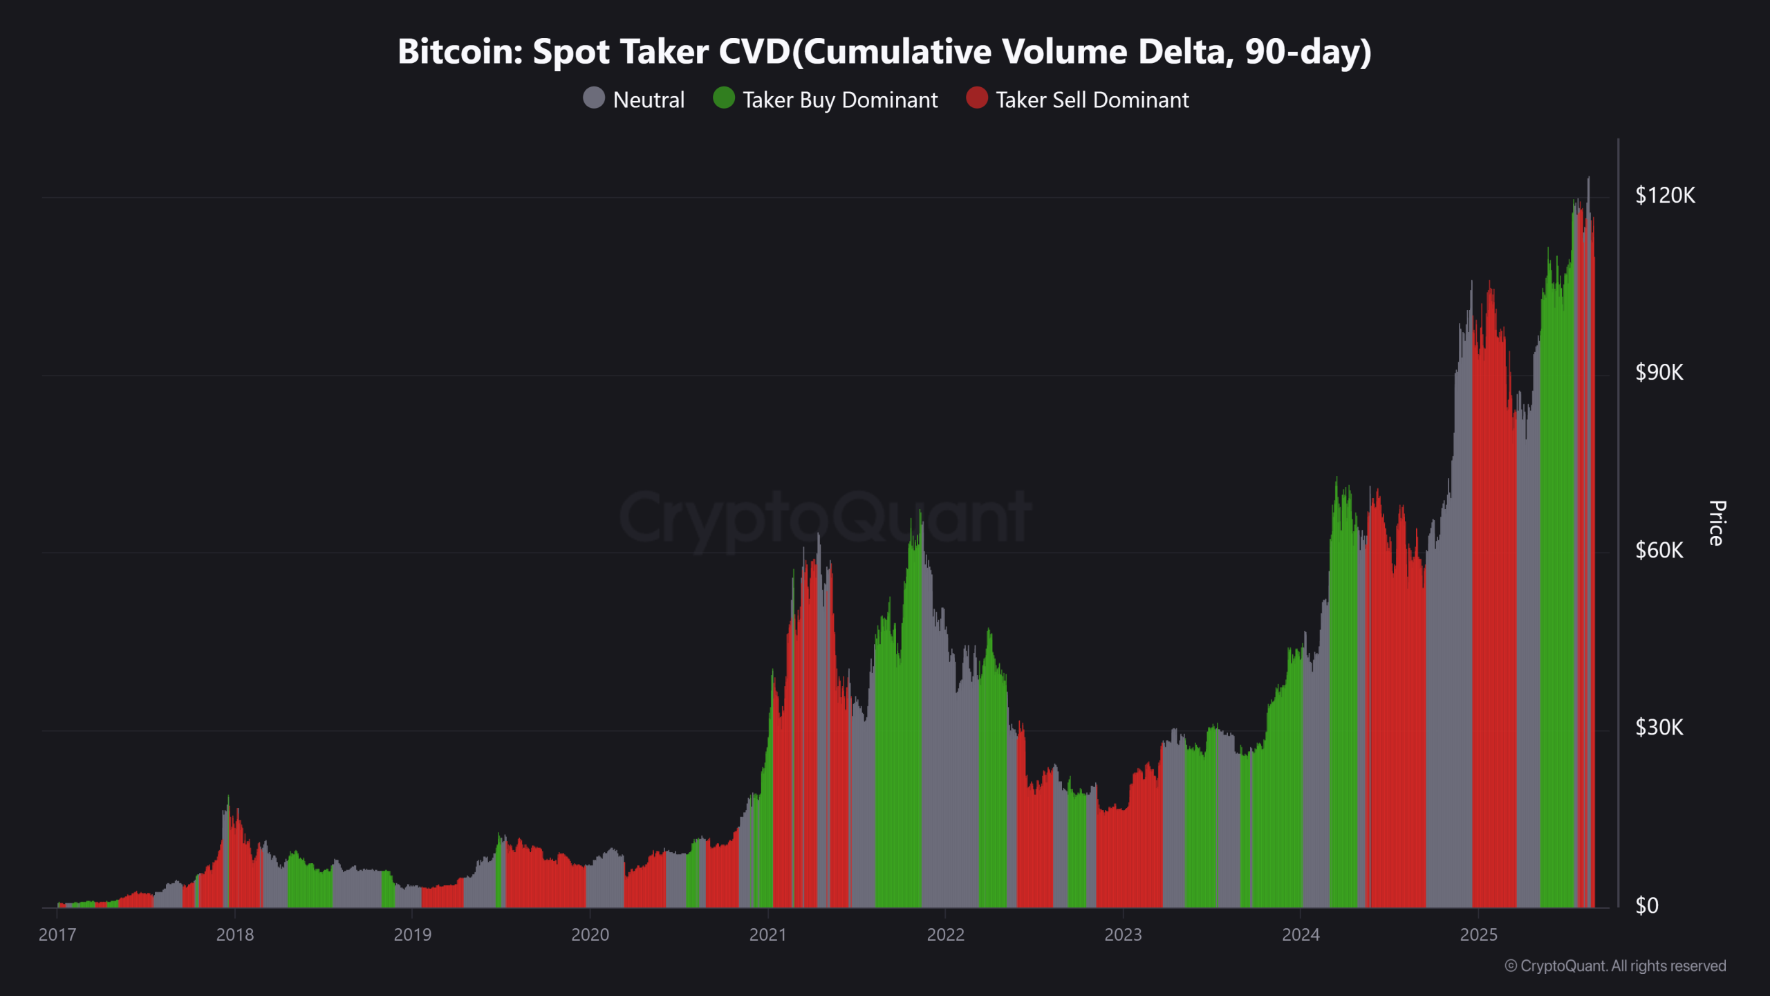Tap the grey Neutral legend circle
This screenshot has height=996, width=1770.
coord(594,98)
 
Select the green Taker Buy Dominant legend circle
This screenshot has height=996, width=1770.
coord(723,98)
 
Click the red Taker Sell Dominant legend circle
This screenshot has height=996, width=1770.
coord(976,98)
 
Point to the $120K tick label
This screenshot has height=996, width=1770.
coord(1664,196)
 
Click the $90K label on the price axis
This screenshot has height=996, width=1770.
coord(1659,373)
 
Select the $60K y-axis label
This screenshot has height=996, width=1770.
coord(1659,551)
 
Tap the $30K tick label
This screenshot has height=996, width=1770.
coord(1659,728)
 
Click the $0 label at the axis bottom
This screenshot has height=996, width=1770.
coord(1646,905)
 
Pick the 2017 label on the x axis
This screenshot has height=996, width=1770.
coord(57,934)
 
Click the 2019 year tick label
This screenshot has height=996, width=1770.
coord(412,934)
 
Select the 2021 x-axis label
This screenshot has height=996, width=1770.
coord(767,934)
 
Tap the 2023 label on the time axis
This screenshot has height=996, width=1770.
coord(1123,934)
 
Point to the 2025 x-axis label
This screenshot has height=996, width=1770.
coord(1478,934)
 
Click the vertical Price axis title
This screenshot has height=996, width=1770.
coord(1716,523)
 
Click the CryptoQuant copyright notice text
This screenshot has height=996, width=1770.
coord(1615,966)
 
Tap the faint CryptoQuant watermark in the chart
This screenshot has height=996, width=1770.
coord(826,517)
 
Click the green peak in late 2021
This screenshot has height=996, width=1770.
coord(920,515)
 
